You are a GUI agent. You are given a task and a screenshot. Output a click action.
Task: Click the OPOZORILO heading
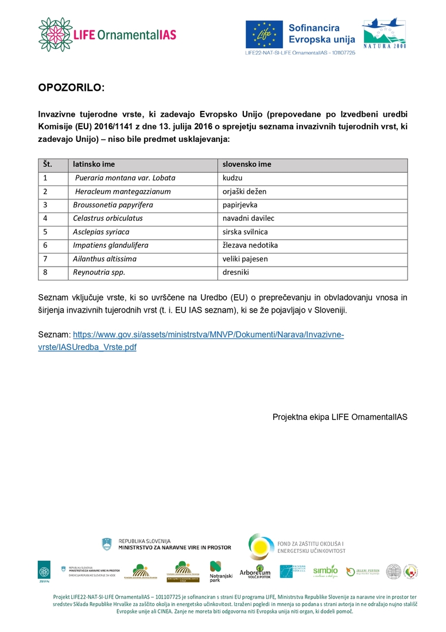[x=72, y=88]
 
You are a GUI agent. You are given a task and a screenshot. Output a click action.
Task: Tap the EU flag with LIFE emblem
[x=264, y=34]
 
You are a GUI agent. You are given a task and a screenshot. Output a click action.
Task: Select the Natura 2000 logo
[x=383, y=34]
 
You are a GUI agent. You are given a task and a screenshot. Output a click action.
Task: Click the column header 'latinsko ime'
[x=94, y=164]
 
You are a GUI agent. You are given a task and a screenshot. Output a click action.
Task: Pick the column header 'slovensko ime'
[x=247, y=164]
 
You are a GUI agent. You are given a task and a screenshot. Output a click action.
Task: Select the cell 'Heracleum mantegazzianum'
[x=123, y=191]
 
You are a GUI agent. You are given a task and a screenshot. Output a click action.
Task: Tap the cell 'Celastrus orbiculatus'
[x=108, y=218]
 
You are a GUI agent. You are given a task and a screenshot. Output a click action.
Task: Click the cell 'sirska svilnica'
[x=245, y=232]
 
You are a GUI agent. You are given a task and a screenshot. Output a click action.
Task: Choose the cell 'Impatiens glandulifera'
[x=111, y=245]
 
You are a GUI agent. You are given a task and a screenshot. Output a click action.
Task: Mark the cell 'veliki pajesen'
[x=245, y=259]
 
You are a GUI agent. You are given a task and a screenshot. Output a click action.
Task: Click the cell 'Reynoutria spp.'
[x=99, y=272]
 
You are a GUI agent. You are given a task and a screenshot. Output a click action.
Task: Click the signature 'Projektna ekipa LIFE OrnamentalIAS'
[x=340, y=417]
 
